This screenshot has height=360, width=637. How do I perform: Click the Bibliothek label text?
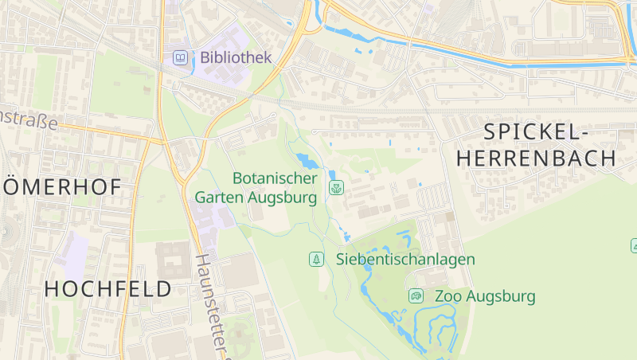point(236,57)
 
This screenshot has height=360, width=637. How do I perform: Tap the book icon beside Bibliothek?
point(182,57)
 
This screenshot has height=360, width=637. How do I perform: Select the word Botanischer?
point(275,178)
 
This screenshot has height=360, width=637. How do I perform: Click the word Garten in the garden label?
point(219,197)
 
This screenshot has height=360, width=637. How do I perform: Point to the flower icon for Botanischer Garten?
point(336,189)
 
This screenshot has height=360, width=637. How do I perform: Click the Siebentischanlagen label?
point(405,259)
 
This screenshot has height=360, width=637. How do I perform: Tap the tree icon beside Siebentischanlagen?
point(317,259)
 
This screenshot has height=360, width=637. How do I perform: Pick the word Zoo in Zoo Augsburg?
point(448,296)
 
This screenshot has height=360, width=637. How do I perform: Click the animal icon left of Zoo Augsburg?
point(416,296)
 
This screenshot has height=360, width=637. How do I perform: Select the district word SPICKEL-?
point(535,131)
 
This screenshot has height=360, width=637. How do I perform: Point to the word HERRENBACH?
point(537,158)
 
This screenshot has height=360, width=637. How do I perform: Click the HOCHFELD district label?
point(108,288)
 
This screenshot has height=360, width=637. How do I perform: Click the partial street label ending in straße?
point(29,120)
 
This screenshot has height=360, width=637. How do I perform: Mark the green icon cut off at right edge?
point(634,245)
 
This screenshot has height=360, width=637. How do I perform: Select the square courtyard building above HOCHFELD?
point(174,260)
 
